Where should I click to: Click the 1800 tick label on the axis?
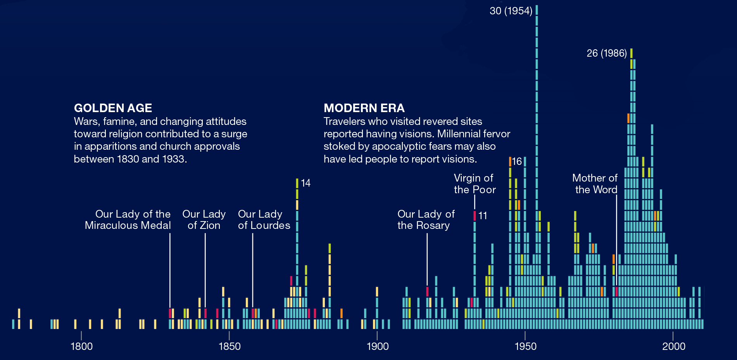(81, 346)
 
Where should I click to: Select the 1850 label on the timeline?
(230, 346)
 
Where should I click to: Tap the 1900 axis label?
(378, 346)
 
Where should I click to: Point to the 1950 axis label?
(525, 346)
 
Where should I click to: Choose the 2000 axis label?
(673, 346)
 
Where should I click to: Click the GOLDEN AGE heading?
(113, 108)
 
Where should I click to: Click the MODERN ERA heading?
(364, 108)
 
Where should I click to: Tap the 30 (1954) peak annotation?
(511, 11)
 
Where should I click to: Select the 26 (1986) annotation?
(606, 53)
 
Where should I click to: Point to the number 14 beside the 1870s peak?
(306, 183)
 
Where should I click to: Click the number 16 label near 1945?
(517, 161)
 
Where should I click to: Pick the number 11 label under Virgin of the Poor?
(483, 216)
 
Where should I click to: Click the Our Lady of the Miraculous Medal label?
(128, 220)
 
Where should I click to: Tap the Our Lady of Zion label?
(204, 220)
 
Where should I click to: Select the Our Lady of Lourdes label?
(264, 220)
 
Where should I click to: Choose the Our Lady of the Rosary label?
(426, 220)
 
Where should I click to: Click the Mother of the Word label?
(595, 184)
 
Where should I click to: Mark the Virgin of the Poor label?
(475, 184)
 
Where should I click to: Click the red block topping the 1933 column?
(475, 216)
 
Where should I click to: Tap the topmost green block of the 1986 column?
(631, 53)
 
